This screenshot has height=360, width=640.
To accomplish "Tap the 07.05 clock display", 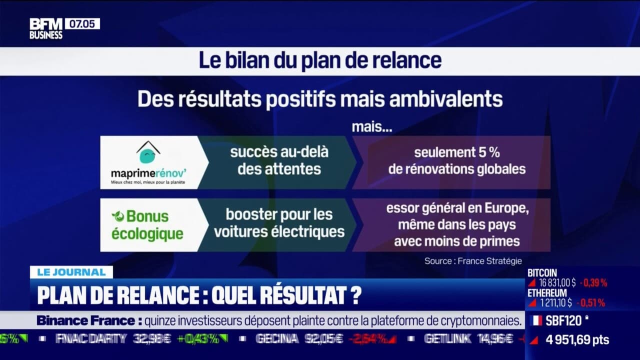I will point(82,23).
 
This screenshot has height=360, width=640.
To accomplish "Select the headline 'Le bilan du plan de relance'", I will point(320,60).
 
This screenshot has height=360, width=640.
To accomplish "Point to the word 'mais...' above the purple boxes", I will point(371,127).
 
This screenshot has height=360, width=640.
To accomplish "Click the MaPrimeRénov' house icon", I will point(148,152).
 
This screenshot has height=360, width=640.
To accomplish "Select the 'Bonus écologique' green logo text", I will point(147,225).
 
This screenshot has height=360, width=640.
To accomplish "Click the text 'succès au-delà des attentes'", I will point(279,160).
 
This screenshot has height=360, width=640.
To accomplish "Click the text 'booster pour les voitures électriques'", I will point(278,223).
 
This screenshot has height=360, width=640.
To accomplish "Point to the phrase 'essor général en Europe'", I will point(457,208).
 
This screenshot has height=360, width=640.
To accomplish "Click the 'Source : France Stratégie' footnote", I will point(472,260).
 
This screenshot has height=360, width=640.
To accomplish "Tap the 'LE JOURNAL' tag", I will point(71,272).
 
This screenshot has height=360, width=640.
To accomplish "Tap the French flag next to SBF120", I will point(536,320).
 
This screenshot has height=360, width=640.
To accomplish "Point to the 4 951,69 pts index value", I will point(577,340).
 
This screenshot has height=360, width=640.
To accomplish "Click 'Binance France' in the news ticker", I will point(85,320).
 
